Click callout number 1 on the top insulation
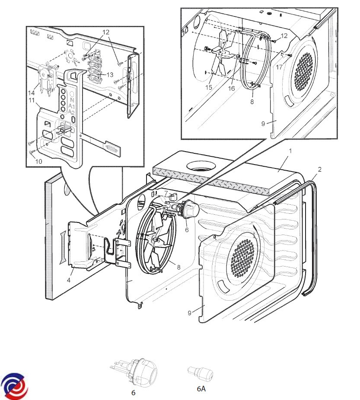coord(291,151)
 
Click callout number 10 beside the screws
coord(38,161)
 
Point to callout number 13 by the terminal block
coord(110,74)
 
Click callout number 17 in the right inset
coord(280,67)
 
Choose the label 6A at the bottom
coord(201,389)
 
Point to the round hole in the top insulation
coord(201,165)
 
